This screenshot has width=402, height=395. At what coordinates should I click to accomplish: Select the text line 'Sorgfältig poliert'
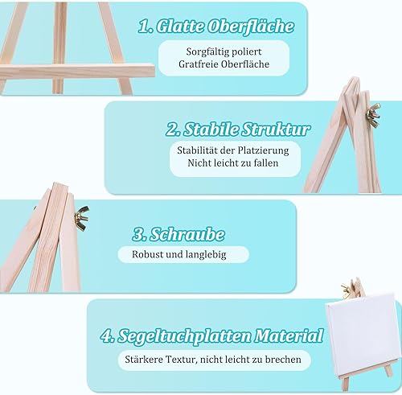tap(224, 51)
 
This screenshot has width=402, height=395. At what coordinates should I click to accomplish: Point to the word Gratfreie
tap(199, 64)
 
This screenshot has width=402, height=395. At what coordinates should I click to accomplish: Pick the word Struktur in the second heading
tap(276, 129)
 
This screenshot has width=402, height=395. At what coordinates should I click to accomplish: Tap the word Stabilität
tap(196, 150)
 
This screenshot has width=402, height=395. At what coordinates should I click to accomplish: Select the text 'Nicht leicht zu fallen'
tap(233, 163)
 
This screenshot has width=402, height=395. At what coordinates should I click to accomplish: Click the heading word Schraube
tap(187, 234)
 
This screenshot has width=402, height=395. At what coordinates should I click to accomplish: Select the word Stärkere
tap(143, 360)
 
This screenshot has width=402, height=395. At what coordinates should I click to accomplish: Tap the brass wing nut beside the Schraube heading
tap(82, 217)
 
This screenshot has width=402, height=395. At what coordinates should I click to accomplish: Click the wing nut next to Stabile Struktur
tap(373, 115)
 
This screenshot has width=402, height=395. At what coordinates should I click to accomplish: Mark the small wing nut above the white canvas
tap(347, 290)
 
